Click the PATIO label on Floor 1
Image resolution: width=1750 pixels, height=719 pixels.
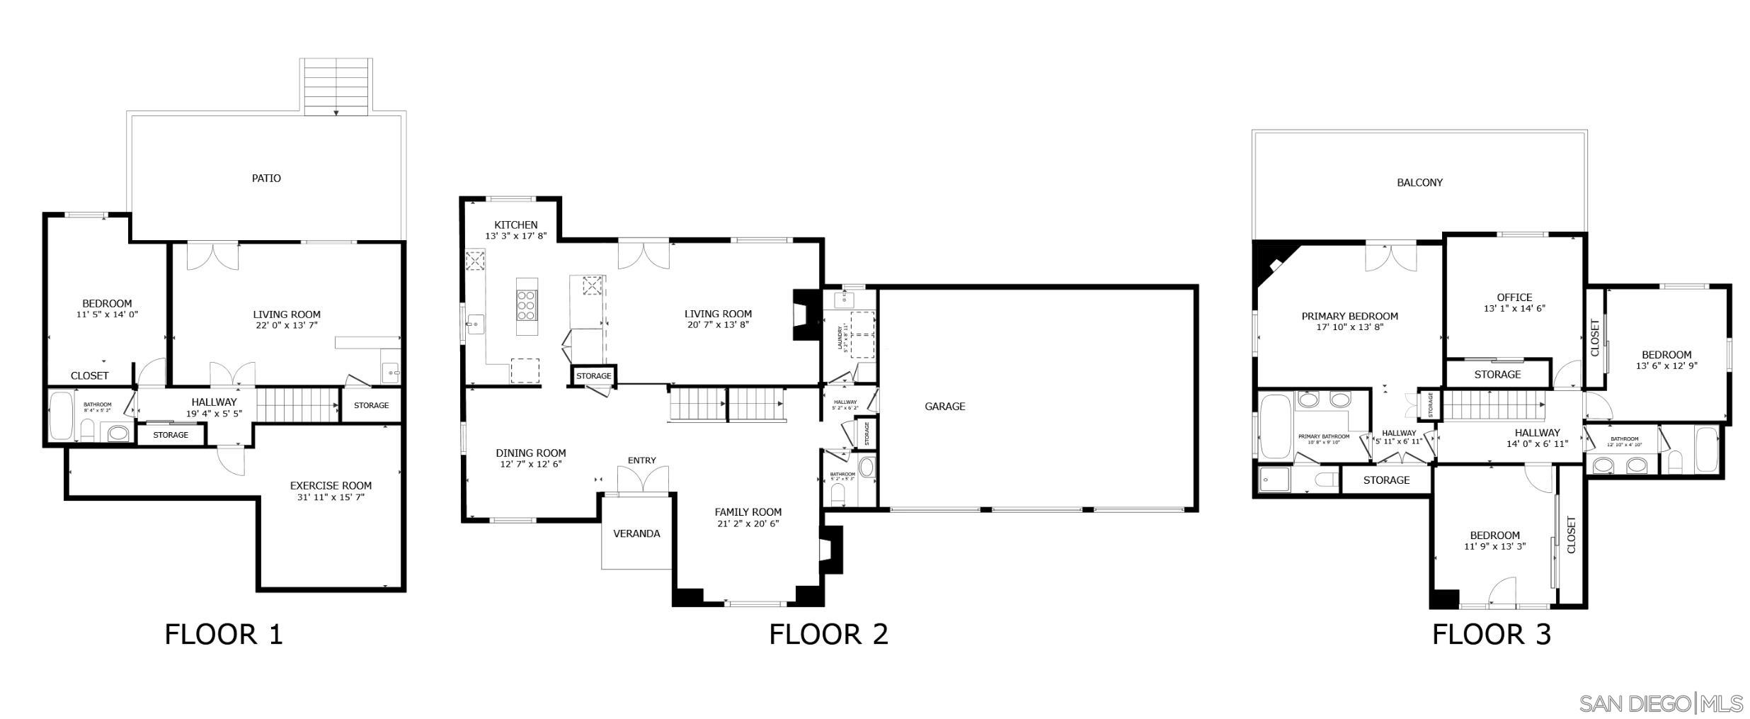tap(266, 179)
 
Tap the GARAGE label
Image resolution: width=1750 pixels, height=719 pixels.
tap(944, 407)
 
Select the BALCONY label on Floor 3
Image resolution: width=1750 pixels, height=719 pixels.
tap(1419, 183)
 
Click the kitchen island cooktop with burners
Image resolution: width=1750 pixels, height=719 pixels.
tap(526, 306)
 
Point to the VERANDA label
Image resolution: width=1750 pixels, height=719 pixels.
tap(636, 534)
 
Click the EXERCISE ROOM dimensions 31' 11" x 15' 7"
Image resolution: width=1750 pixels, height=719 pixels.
tap(331, 498)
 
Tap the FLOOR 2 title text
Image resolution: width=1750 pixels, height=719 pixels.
tap(828, 634)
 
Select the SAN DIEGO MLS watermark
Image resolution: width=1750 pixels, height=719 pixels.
tap(1661, 704)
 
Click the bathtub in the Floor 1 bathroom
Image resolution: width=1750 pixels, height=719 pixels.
tap(62, 416)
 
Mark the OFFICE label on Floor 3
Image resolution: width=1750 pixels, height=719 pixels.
tap(1514, 298)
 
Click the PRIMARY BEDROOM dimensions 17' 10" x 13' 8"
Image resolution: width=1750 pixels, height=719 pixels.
tap(1349, 328)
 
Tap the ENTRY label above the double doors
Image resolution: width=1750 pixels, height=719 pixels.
tap(641, 460)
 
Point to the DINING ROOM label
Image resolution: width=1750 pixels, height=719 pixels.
tap(530, 453)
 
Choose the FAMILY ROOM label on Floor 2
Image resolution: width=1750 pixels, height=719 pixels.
tap(748, 512)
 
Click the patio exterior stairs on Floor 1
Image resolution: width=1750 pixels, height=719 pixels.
tap(336, 86)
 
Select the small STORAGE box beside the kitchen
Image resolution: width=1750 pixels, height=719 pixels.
tap(593, 376)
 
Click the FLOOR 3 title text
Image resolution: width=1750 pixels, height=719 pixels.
tap(1491, 634)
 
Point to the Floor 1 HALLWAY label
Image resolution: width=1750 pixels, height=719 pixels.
tap(213, 402)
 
